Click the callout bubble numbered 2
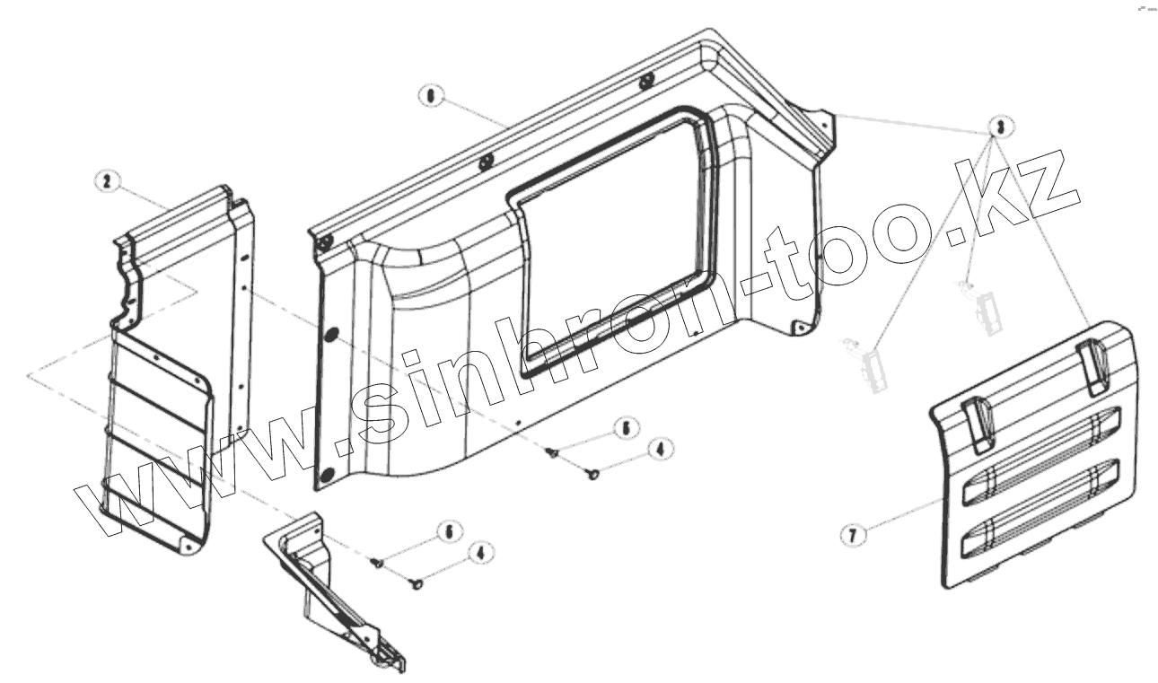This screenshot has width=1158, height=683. (x=107, y=181)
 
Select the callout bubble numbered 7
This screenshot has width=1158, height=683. (x=853, y=535)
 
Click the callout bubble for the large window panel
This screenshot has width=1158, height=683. (x=433, y=96)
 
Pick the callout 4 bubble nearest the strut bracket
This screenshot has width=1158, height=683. (x=481, y=553)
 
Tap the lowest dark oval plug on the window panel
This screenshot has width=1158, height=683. (x=326, y=472)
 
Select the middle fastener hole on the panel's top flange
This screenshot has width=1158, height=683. (x=485, y=162)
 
